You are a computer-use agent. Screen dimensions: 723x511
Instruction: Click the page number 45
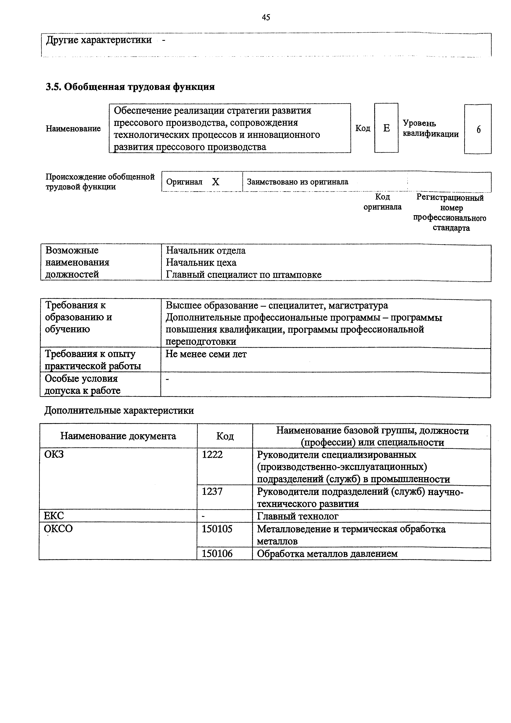[266, 17]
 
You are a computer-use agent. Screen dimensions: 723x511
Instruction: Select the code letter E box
[386, 128]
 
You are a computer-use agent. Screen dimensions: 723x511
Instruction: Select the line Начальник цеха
[201, 262]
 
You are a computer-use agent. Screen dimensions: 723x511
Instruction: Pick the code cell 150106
[217, 554]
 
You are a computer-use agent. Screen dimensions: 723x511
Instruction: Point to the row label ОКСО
[58, 528]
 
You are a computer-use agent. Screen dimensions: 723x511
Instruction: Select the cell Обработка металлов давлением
[327, 554]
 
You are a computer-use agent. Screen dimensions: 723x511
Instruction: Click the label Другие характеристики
[99, 40]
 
